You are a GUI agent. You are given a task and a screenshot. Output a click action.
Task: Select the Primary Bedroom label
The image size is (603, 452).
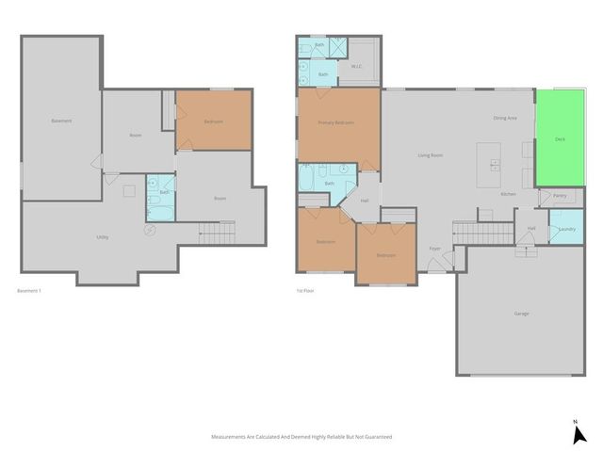335,122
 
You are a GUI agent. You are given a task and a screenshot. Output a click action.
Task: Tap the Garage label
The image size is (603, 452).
521,314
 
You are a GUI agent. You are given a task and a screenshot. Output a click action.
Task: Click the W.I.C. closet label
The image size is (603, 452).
357,67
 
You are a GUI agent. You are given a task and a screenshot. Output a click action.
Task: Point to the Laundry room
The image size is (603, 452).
566,229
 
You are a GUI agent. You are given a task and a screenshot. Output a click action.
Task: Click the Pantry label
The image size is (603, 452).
560,196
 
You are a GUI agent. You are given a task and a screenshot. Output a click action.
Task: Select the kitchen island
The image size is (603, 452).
490,166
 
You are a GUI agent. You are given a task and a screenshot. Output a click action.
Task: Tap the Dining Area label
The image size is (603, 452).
505,118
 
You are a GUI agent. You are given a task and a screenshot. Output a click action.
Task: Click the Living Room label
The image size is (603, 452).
431,154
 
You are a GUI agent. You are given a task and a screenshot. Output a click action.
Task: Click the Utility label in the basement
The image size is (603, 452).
102,236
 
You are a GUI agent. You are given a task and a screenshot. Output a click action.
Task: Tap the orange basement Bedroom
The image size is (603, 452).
214,121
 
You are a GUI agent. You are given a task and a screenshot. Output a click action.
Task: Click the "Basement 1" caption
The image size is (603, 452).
30,291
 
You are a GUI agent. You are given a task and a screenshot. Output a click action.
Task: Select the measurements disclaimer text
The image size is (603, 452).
301,437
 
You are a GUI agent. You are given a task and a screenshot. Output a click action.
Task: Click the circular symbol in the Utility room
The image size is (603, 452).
149,229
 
